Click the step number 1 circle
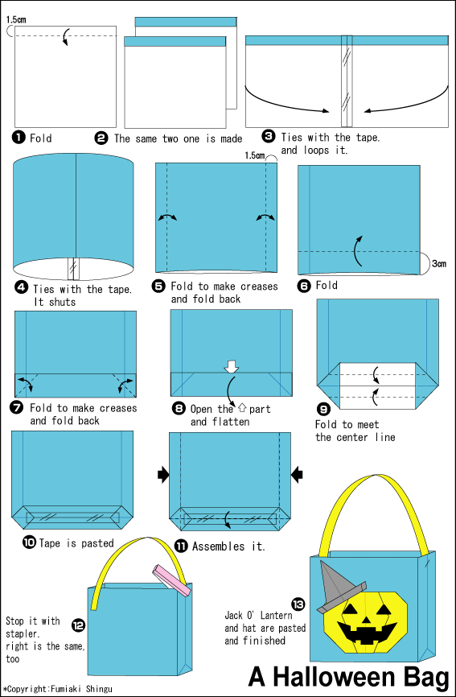[x=18, y=138]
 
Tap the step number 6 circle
[x=304, y=286]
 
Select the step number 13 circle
[x=298, y=604]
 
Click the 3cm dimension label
[x=438, y=264]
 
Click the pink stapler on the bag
[x=172, y=579]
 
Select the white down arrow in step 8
[x=232, y=366]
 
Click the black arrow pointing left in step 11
[x=297, y=475]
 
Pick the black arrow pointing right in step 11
[x=163, y=475]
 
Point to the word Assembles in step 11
[x=219, y=546]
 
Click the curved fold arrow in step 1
[x=66, y=36]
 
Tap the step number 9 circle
[x=323, y=409]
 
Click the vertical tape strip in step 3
[x=347, y=81]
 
